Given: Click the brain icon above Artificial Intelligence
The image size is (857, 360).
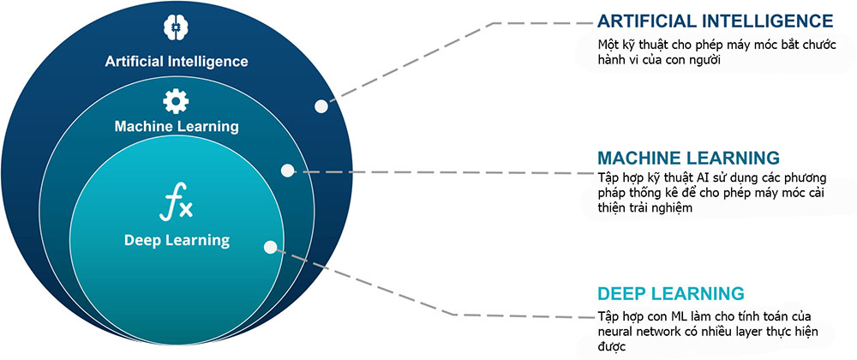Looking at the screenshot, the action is (176, 28).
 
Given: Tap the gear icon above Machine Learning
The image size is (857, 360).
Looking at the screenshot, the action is (176, 102).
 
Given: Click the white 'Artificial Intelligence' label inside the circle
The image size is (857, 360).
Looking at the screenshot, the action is (176, 61).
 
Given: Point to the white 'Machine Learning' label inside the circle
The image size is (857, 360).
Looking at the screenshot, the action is (176, 127).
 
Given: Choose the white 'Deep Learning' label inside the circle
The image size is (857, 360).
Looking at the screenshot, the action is (177, 240).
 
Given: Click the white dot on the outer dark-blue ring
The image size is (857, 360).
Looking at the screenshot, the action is (321, 106).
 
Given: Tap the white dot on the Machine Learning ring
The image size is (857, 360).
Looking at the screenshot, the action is (287, 171).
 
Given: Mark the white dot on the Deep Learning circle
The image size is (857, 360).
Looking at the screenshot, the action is (271, 248).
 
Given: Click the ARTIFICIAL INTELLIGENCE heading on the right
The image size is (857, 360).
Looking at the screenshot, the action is (715, 21).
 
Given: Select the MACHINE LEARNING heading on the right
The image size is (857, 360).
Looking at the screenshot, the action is (688, 159).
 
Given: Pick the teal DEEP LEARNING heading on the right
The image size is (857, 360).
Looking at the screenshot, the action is (671, 293).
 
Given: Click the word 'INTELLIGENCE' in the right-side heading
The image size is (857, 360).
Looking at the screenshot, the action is (767, 21).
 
